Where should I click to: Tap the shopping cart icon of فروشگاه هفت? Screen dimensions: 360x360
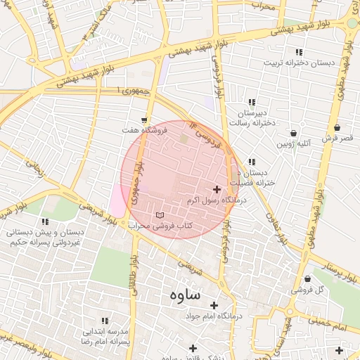(x=144, y=120)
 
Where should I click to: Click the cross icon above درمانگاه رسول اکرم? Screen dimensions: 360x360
(x=217, y=189)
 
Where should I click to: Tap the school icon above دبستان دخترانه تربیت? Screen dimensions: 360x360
(x=299, y=52)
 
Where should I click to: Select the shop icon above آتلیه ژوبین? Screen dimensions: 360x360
(x=293, y=133)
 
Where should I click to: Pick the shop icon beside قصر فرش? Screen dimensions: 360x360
(x=338, y=128)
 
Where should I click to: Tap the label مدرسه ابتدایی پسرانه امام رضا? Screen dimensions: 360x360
(x=105, y=335)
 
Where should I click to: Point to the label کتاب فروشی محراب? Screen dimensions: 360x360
(x=160, y=226)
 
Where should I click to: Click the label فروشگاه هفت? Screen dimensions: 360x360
(x=144, y=131)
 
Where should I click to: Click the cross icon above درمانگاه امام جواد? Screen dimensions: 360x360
(x=214, y=305)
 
